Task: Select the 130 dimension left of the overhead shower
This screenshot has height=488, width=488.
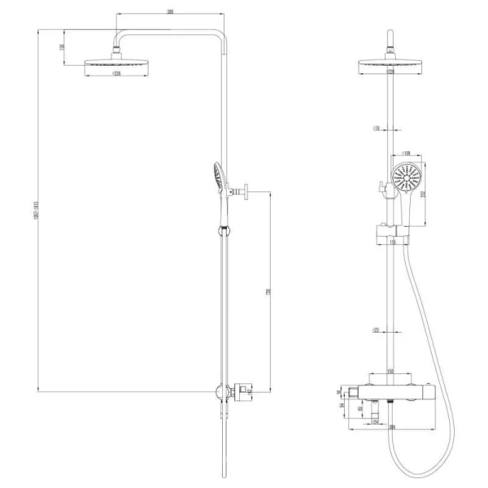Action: point(62,47)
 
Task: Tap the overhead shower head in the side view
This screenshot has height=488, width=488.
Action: point(113,65)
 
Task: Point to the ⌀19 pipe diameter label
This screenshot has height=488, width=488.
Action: point(377,128)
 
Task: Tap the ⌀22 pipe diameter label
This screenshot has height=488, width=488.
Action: point(377,329)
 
